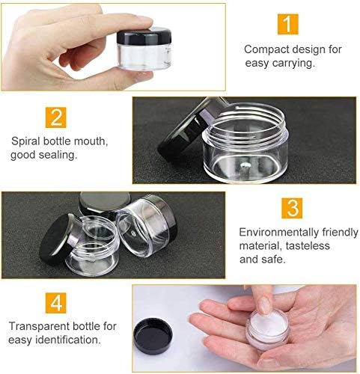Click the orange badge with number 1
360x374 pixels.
(x=288, y=24)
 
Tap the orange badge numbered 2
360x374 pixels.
(x=56, y=117)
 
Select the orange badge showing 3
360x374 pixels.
(x=292, y=208)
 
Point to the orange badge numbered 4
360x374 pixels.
(x=56, y=303)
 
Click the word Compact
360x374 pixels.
(x=266, y=49)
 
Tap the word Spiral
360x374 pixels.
(x=25, y=141)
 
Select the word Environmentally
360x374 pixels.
(x=279, y=233)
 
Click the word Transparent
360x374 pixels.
(x=39, y=326)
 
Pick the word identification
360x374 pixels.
(x=68, y=340)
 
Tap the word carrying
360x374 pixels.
(x=293, y=63)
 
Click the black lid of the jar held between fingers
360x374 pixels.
(x=144, y=36)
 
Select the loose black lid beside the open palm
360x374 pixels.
(x=153, y=336)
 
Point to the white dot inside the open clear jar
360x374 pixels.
(x=246, y=165)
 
